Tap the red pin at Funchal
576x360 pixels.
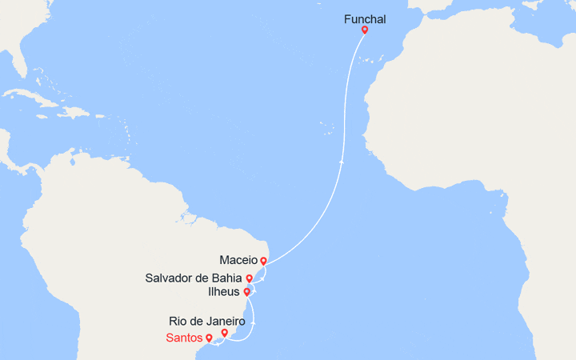point(365,30)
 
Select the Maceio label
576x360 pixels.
point(238,260)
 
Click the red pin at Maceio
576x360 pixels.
point(263,261)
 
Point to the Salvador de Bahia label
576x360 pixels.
point(194,278)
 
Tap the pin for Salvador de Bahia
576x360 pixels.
point(250,278)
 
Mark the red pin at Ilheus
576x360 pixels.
point(247,292)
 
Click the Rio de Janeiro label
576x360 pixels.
point(207,321)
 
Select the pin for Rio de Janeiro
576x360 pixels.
point(225,333)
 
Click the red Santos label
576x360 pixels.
point(184,338)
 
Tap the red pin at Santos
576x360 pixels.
point(209,338)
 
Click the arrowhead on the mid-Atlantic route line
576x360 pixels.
point(342,161)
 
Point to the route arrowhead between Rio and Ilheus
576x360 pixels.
point(254,322)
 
